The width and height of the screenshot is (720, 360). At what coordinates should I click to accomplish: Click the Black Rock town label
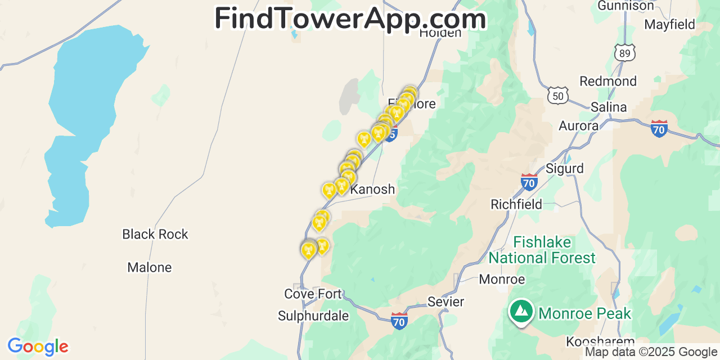(x=155, y=234)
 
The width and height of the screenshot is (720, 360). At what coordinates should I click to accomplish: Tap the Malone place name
(x=150, y=267)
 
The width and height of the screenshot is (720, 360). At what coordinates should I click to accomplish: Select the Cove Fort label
(x=313, y=294)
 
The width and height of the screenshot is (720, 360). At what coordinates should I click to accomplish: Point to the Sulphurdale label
(x=313, y=316)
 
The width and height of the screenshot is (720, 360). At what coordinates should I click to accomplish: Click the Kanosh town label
(x=372, y=190)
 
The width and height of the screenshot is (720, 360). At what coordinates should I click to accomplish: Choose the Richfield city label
(x=516, y=204)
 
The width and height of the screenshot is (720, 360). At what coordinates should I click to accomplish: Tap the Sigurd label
(x=565, y=168)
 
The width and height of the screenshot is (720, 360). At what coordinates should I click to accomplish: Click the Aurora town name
(x=578, y=126)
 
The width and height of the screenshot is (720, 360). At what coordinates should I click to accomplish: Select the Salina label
(x=609, y=107)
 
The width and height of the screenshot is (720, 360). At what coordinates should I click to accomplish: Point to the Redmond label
(x=608, y=81)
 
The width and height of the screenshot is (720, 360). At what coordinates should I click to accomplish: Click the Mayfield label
(x=669, y=25)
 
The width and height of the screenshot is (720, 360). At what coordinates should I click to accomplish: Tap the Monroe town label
(x=502, y=279)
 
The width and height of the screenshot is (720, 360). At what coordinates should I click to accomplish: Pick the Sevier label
(x=446, y=301)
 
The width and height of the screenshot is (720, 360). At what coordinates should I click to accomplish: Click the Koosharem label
(x=600, y=341)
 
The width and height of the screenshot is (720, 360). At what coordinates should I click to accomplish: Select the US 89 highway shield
(x=625, y=52)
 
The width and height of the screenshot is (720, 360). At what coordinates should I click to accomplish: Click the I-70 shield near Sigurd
(x=529, y=182)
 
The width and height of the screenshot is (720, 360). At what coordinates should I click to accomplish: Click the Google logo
(x=38, y=346)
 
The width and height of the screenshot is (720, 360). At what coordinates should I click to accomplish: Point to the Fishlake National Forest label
(x=542, y=250)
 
